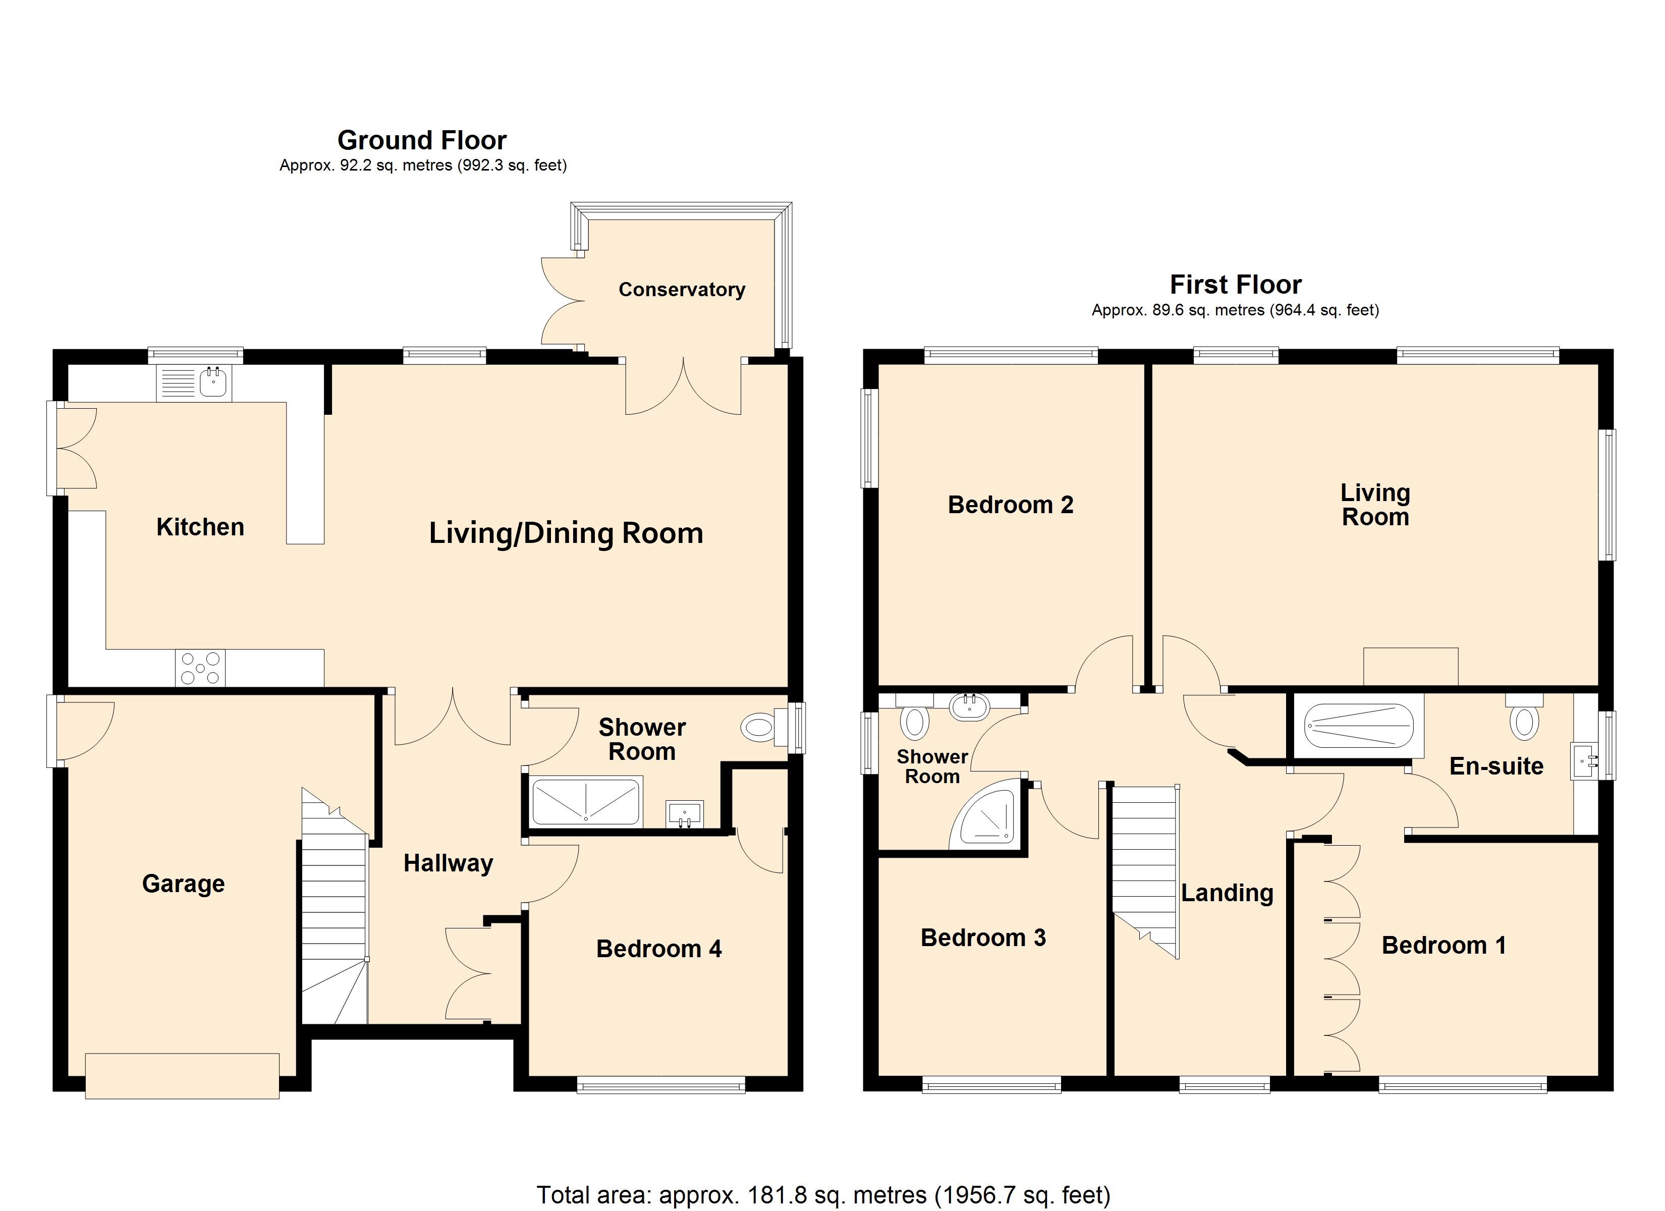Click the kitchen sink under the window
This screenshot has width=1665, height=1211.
[213, 382]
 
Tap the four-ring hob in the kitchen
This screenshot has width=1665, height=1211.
[200, 668]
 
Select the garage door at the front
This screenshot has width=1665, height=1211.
[182, 1076]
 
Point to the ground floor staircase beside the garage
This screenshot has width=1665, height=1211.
[334, 911]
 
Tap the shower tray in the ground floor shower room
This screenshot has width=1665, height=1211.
[585, 802]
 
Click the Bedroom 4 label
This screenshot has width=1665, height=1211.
[658, 949]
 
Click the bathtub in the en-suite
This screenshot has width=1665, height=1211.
[1358, 726]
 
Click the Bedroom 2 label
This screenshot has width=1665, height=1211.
[1010, 505]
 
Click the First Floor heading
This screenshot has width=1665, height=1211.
[1236, 284]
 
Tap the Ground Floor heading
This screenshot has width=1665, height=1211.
[422, 140]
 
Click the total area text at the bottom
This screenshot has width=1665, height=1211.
[823, 1195]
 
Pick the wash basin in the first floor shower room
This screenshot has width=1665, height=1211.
[969, 706]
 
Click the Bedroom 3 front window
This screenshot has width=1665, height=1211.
[991, 1084]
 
